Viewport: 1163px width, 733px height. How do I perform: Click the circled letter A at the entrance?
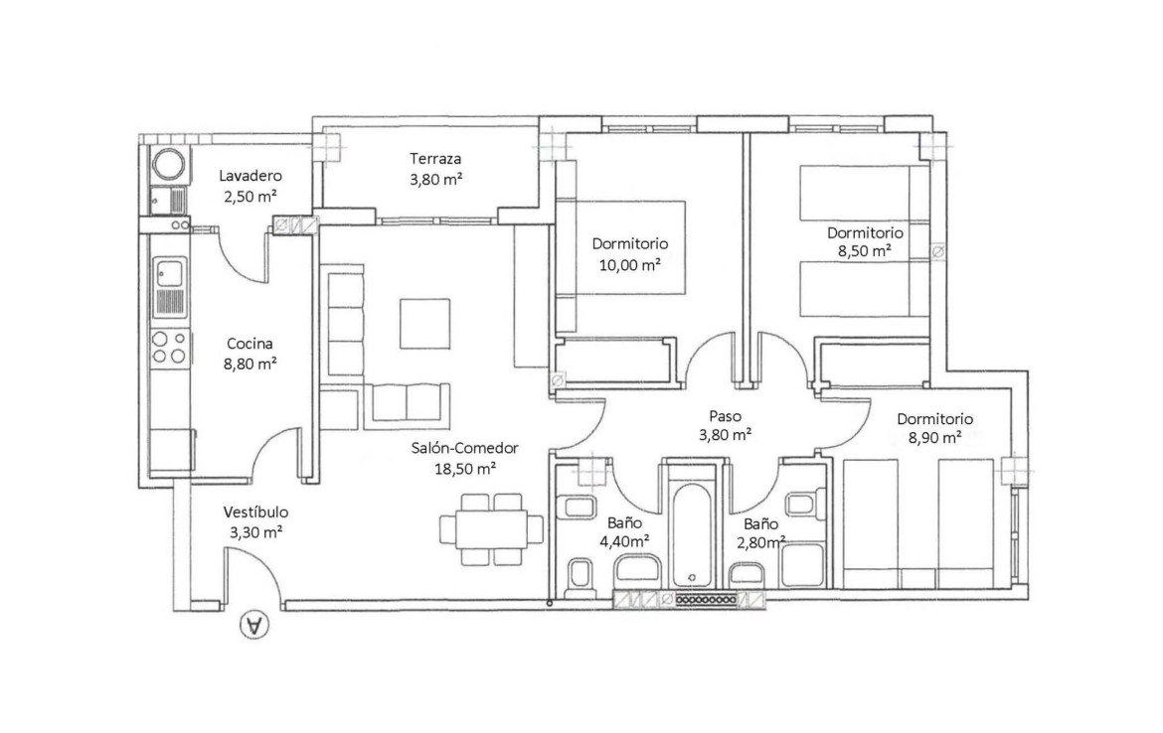tap(254, 625)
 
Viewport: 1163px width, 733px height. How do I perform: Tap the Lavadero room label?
tap(249, 176)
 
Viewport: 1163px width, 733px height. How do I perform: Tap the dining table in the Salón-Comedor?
tap(492, 529)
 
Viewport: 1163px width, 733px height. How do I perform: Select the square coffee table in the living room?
tap(425, 323)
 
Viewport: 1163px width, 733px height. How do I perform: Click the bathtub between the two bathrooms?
tap(691, 533)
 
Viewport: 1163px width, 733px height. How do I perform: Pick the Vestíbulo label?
tap(255, 513)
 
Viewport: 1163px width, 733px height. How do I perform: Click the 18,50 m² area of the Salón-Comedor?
tap(465, 469)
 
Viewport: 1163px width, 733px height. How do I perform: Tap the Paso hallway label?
tap(725, 416)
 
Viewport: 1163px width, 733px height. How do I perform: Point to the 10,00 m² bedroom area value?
tap(630, 264)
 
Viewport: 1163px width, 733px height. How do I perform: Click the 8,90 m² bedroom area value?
tap(934, 438)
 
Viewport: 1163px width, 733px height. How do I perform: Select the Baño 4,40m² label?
tap(624, 532)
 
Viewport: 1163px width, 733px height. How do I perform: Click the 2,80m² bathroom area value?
tap(761, 542)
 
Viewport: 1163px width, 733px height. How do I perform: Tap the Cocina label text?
tap(249, 343)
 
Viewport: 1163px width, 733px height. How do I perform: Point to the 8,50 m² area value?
tap(865, 251)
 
